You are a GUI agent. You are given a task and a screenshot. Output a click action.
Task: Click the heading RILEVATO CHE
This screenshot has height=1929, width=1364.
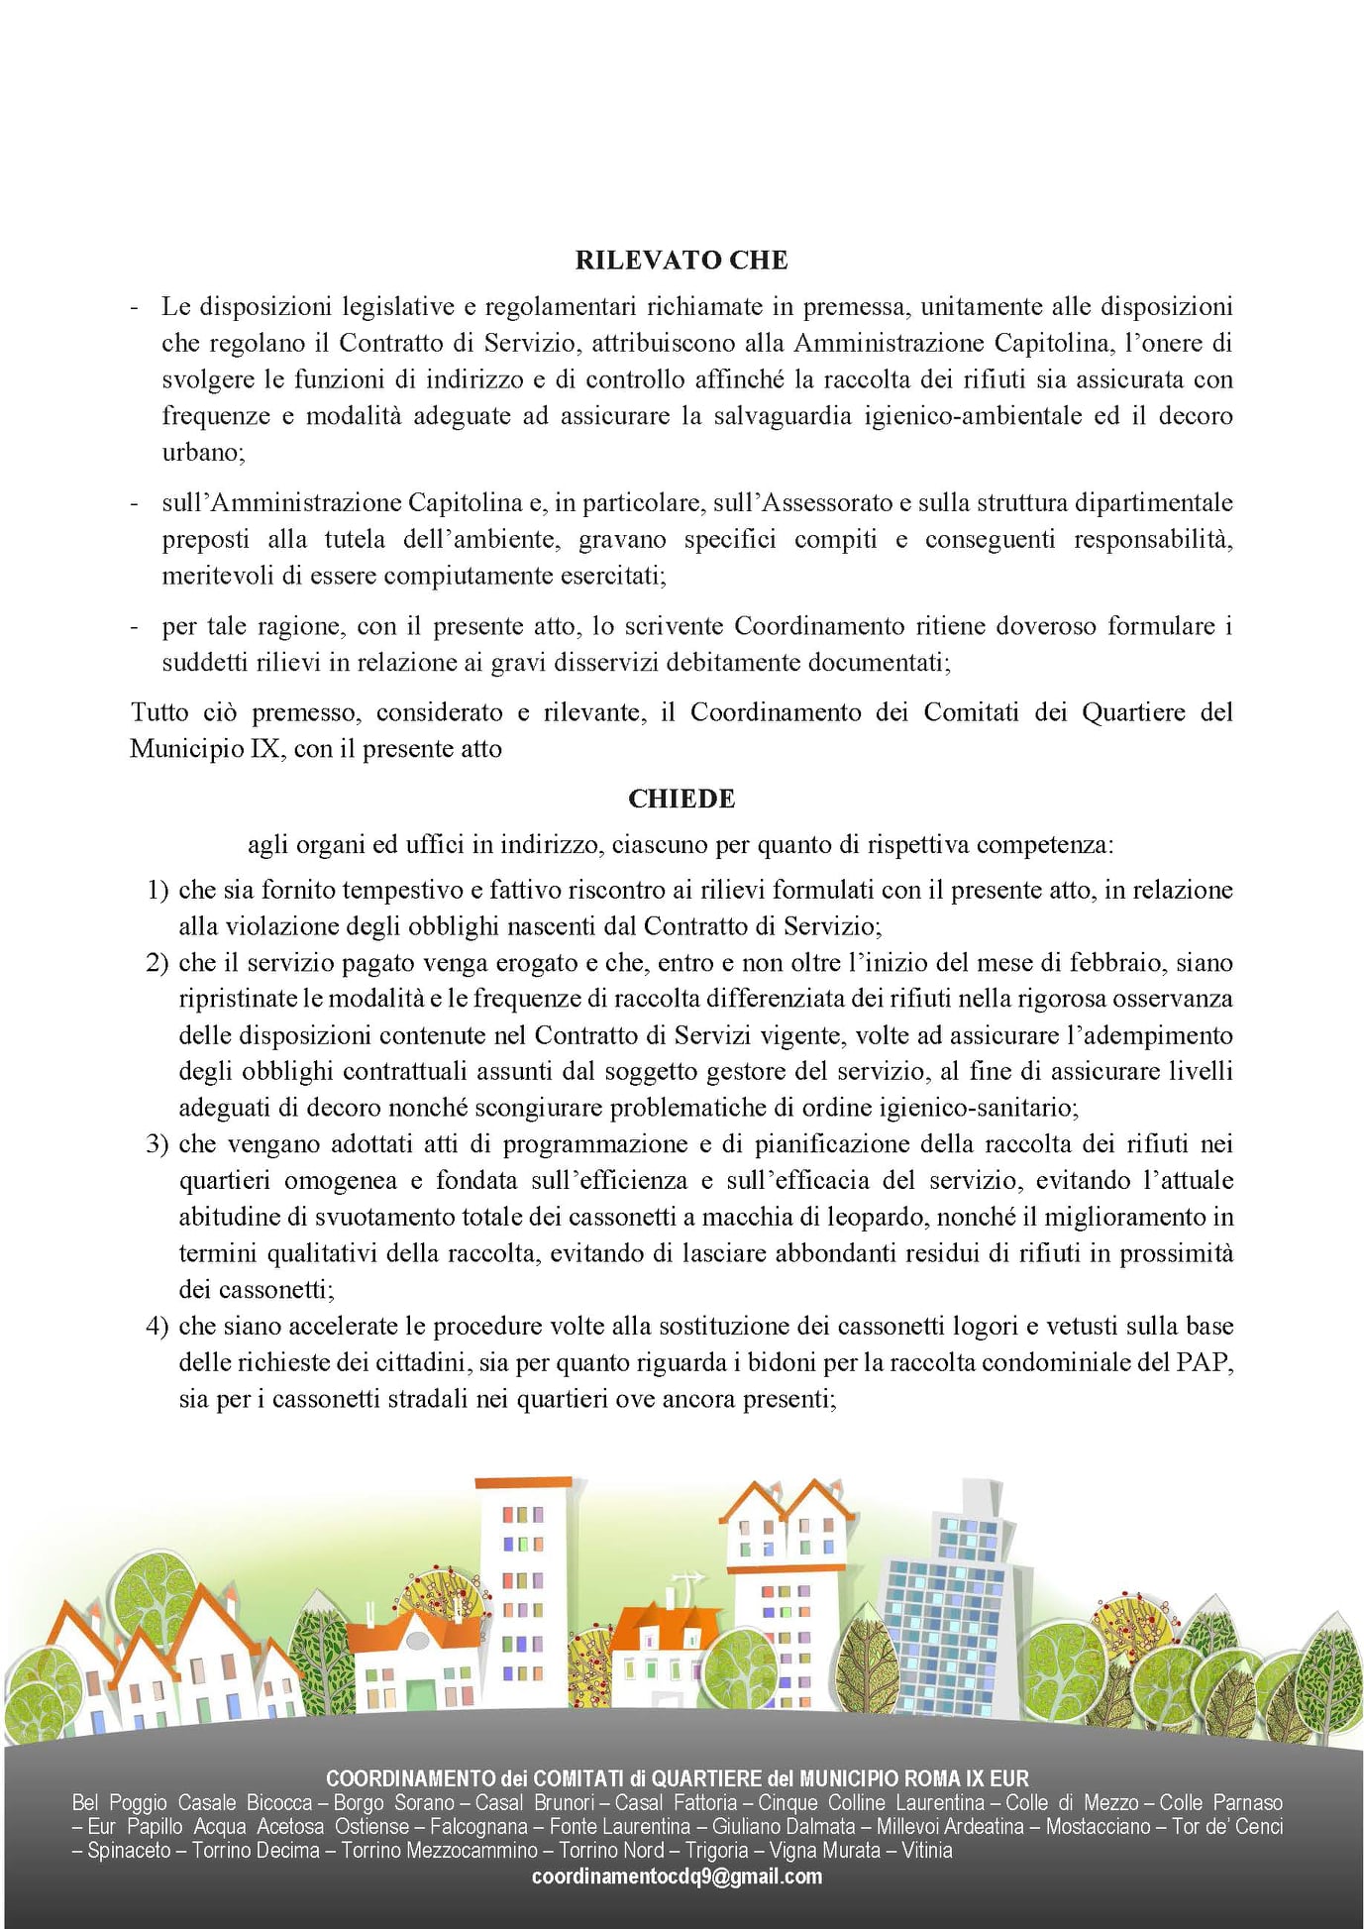click(682, 261)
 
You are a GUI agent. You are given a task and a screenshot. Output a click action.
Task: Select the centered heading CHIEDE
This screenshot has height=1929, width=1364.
click(682, 800)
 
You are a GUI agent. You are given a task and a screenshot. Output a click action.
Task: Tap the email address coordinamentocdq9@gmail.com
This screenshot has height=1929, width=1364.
click(677, 1876)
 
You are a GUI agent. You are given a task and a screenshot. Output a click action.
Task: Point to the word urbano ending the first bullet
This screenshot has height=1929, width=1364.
click(201, 453)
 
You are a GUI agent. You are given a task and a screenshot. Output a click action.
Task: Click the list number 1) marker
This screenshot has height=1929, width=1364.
click(157, 891)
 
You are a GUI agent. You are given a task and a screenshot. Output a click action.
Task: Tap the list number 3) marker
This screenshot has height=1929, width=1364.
click(157, 1145)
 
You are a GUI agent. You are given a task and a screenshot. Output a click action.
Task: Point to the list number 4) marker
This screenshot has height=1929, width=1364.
click(157, 1327)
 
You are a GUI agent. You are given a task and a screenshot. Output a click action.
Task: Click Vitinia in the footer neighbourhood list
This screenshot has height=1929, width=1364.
click(926, 1851)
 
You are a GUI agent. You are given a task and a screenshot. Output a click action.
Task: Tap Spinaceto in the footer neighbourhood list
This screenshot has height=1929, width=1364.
click(129, 1851)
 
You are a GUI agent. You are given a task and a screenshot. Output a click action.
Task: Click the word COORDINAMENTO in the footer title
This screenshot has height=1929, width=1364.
click(410, 1779)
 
